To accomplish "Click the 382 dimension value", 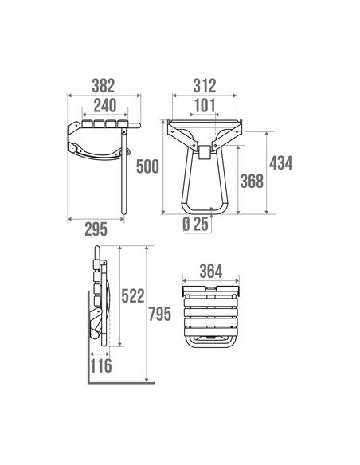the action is (x=104, y=86).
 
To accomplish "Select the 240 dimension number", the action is (x=105, y=106).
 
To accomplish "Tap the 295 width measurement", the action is (x=96, y=229).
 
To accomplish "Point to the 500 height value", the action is (x=147, y=166).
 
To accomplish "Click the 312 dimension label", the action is (x=205, y=86).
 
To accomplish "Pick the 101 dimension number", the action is (x=205, y=106).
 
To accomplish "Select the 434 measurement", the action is (x=281, y=163).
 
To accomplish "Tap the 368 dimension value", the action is (x=252, y=182).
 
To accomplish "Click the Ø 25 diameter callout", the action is (x=195, y=225).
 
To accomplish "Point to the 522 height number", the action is (x=133, y=296).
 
